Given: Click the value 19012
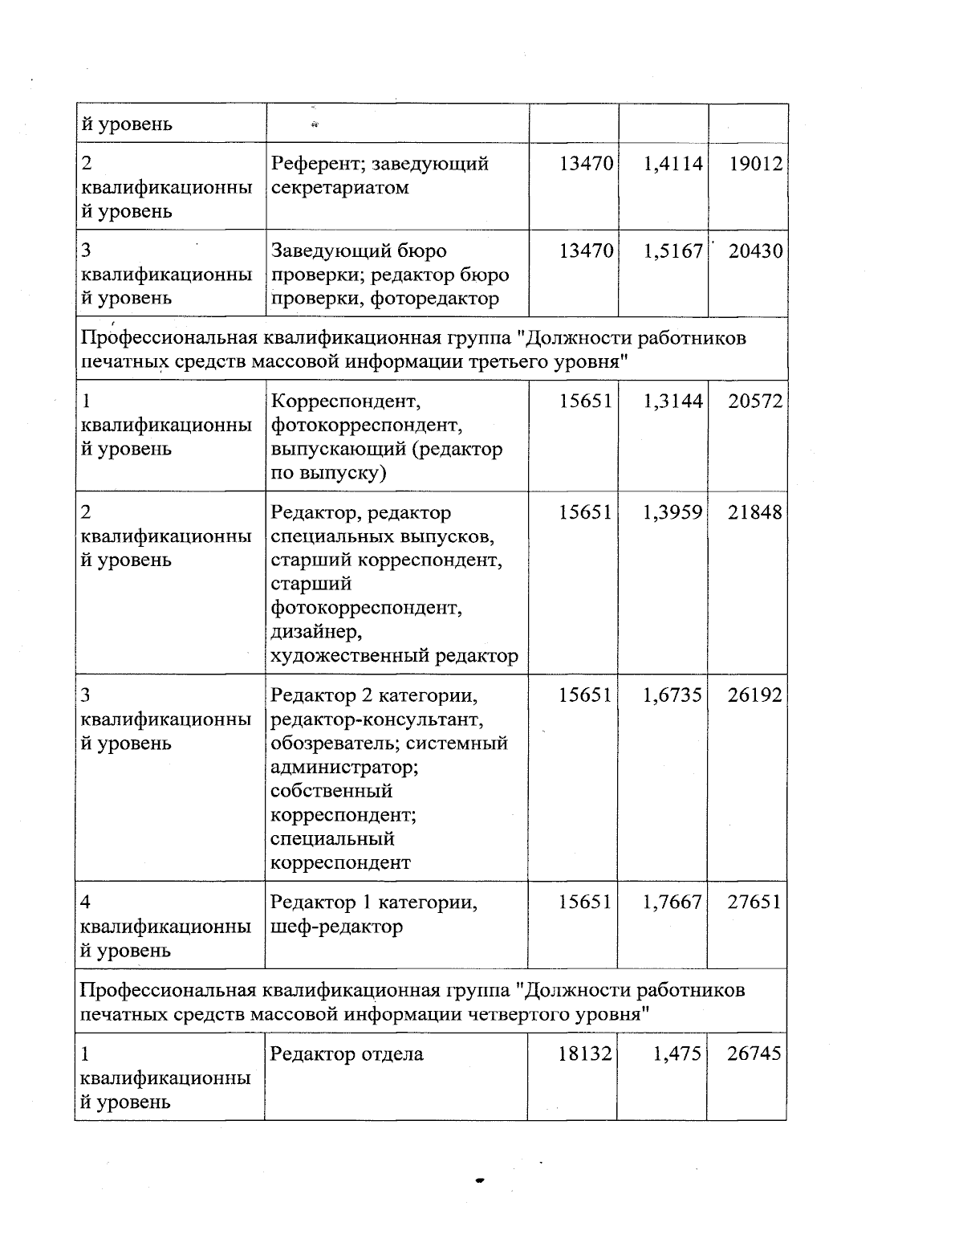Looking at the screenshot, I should coord(755,164).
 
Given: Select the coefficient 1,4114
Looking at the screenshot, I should coord(672,164).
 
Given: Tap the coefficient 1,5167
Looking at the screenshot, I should coord(672,251).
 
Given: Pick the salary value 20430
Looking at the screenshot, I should coord(755,251).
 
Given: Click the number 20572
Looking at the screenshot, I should coord(754,401).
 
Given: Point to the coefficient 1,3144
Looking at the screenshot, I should coord(672,401).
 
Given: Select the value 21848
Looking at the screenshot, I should coord(754,512).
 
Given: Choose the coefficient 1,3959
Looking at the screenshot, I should coord(672,512).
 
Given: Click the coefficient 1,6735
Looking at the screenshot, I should coord(672,695).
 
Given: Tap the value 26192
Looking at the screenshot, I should coord(754,695).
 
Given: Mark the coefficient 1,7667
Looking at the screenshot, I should coord(672,903).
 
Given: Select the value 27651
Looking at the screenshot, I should coord(754,903).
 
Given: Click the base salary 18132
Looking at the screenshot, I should coord(585,1053).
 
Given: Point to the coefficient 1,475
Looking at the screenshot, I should coord(677,1053).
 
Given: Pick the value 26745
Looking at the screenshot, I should coord(754,1053).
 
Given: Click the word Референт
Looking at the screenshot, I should coord(311,165).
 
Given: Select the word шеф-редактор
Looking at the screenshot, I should coord(336,927).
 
